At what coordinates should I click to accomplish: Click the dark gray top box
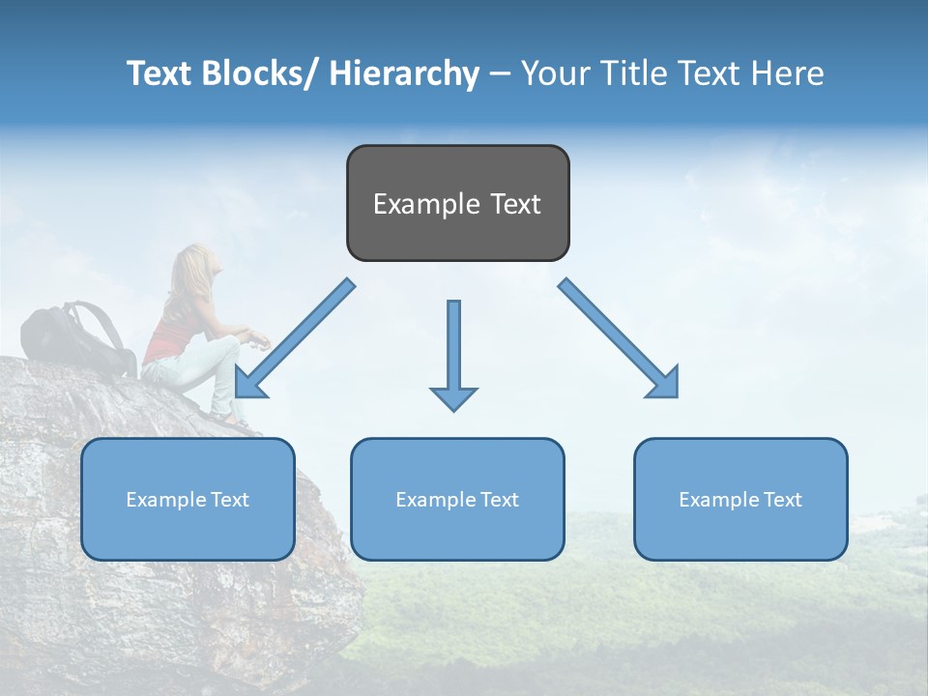click(457, 203)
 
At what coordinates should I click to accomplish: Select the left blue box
click(188, 499)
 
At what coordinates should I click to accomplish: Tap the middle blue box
click(457, 499)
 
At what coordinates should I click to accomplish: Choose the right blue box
click(740, 499)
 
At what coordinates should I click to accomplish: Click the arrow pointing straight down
click(453, 354)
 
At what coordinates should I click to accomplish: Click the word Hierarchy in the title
click(403, 73)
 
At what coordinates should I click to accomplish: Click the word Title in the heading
click(635, 73)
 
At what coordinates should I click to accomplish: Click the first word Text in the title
click(159, 73)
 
